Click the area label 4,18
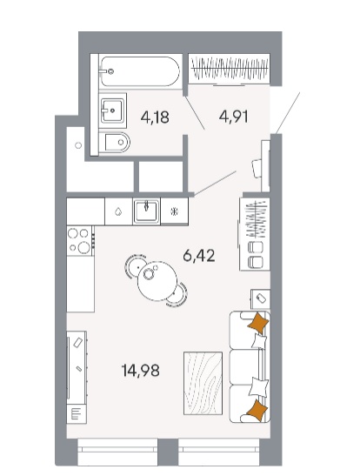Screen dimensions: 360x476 (x=155, y=117)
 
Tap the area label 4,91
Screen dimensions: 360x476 (x=234, y=117)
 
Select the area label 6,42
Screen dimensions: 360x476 (x=199, y=256)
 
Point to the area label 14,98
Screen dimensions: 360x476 (x=140, y=371)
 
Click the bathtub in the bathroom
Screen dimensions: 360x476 (x=140, y=71)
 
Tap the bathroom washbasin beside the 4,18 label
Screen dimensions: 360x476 (x=112, y=111)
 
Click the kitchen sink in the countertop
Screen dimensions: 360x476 (x=146, y=211)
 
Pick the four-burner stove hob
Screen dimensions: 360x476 (x=79, y=241)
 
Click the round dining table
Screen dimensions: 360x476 (x=157, y=281)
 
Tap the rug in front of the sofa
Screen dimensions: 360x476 (x=203, y=383)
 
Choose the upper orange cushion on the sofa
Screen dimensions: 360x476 (x=258, y=324)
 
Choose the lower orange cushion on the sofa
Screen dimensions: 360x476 (x=257, y=411)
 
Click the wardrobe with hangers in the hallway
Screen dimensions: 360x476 (x=229, y=68)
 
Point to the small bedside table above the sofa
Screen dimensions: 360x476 (x=260, y=298)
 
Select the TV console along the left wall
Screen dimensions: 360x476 (x=77, y=377)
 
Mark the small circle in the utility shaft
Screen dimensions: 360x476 (x=78, y=145)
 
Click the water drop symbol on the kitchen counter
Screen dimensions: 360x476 (x=118, y=211)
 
